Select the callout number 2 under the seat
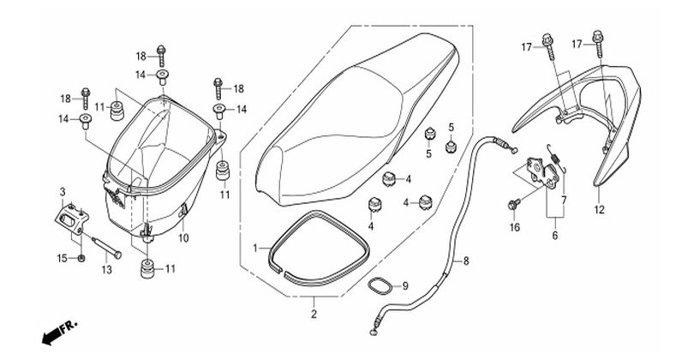314,315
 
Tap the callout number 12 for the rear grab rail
599,209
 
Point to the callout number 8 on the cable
465,261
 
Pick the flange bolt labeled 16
514,205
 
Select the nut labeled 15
81,258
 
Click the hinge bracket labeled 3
72,218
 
